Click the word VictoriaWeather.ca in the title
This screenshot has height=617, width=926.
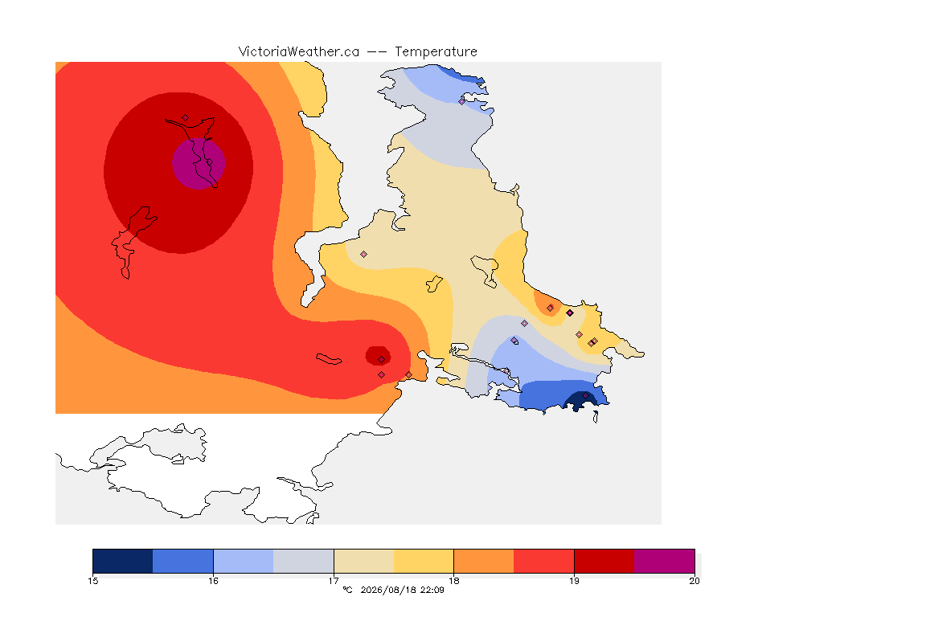(299, 51)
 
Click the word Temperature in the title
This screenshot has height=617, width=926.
(436, 52)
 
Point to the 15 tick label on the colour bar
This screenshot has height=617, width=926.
(92, 581)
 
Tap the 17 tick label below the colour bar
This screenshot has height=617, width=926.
(334, 581)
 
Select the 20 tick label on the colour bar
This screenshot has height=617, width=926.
(694, 581)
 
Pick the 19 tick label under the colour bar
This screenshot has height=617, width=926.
(574, 581)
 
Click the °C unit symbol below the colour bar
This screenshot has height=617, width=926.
(348, 590)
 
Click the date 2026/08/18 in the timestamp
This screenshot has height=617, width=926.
(388, 590)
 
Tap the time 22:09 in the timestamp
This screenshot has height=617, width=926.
(432, 590)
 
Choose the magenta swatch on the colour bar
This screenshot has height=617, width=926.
(665, 561)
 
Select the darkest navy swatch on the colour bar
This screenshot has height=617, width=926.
(123, 561)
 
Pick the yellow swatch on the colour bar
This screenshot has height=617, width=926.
(424, 561)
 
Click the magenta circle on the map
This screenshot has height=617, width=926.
(199, 164)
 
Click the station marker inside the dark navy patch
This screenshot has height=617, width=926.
(585, 396)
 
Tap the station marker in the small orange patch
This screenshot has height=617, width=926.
(551, 308)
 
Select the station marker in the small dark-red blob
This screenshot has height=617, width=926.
(382, 360)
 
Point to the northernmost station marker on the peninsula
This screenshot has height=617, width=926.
(462, 101)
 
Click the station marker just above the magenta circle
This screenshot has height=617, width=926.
(186, 118)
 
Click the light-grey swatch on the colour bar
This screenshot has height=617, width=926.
(304, 561)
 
